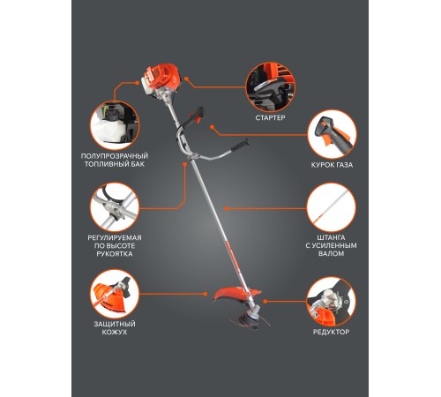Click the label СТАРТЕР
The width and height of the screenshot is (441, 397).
pos(270,118)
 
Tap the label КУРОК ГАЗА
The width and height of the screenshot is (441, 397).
pos(332,165)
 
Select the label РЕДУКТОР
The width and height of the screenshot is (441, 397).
pos(331,332)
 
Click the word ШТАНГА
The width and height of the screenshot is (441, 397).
pos(331,237)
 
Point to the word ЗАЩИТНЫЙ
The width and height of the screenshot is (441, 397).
pos(115,324)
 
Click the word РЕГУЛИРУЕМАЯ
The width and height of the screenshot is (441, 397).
pos(115,237)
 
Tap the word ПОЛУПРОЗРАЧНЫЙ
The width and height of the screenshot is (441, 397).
pos(115,156)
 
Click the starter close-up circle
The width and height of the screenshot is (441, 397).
pos(271,87)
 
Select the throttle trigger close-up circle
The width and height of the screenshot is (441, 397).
pos(332,134)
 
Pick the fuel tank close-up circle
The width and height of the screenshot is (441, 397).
pos(115,125)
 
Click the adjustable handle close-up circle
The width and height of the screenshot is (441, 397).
pos(115,207)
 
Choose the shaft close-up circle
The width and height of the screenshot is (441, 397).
pos(332,207)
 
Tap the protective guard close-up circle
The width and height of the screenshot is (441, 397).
pos(115,294)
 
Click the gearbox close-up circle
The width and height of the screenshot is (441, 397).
pos(332,302)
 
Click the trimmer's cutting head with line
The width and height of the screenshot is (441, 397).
pos(250,318)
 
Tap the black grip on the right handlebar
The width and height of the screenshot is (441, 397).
pos(241,146)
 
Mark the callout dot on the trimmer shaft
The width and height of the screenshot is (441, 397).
pos(226,208)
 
